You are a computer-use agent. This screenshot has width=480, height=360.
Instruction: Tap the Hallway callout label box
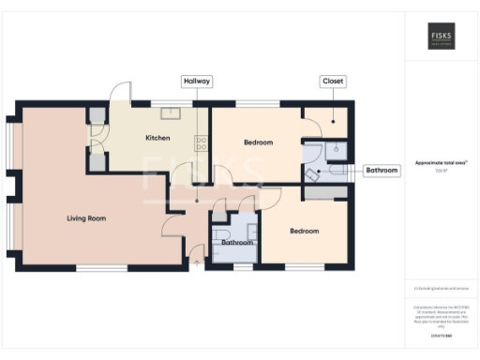[x=197, y=82]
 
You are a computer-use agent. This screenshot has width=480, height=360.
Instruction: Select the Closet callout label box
[x=333, y=82]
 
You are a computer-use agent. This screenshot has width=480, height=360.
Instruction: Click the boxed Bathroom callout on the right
[x=382, y=171]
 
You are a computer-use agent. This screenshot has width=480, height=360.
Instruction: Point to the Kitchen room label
[x=157, y=139]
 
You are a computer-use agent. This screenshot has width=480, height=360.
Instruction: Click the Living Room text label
[x=85, y=218]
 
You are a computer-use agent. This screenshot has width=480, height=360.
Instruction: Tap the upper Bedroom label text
[x=258, y=142]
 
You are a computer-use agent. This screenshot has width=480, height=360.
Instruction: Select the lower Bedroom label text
[x=304, y=231]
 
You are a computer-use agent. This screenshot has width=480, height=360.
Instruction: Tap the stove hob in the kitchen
[x=201, y=142]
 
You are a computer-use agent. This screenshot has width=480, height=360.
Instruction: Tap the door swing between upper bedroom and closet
[x=311, y=116]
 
